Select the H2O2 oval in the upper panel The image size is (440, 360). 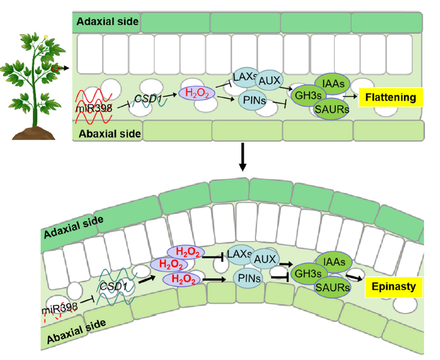click(x=197, y=93)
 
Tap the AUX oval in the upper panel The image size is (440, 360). click(x=270, y=79)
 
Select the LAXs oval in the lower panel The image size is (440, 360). click(x=240, y=254)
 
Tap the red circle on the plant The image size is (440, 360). click(x=55, y=67)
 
